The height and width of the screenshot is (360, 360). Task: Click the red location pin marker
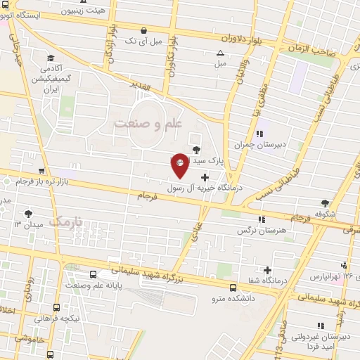pyautogui.click(x=180, y=165)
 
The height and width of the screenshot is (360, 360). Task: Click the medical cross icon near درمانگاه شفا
pyautogui.click(x=267, y=270)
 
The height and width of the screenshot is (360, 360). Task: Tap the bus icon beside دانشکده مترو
pyautogui.click(x=233, y=286)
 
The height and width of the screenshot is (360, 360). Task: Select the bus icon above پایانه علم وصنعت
pyautogui.click(x=94, y=275)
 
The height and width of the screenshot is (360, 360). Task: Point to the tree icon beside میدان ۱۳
pyautogui.click(x=28, y=212)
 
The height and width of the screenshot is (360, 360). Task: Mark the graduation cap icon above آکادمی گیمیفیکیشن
pyautogui.click(x=50, y=58)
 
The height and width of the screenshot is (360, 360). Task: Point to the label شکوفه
pyautogui.click(x=324, y=213)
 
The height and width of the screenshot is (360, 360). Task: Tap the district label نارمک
pyautogui.click(x=68, y=221)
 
